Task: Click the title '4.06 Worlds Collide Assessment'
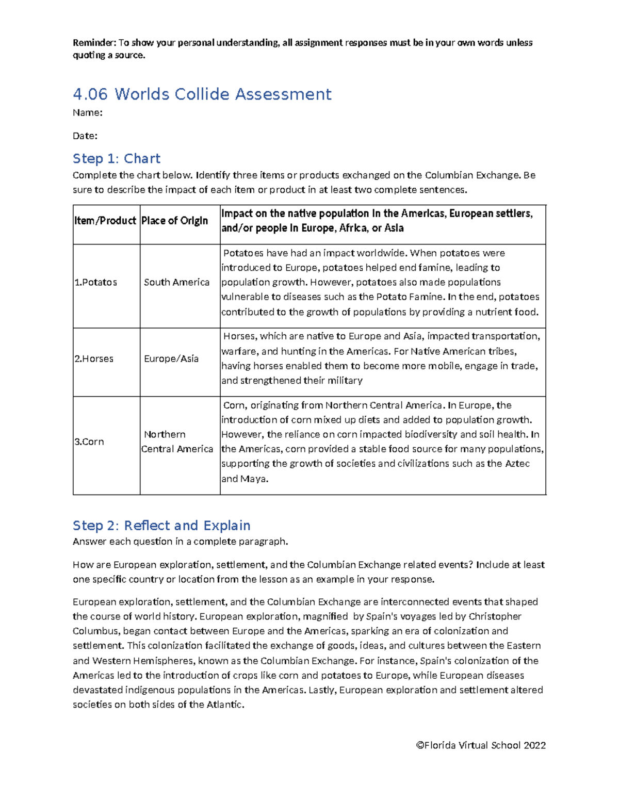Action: [x=202, y=94]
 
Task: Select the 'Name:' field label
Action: [x=87, y=113]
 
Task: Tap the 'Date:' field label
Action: [x=85, y=136]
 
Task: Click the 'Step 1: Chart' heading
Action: [x=117, y=158]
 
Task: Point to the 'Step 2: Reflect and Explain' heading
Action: [x=161, y=526]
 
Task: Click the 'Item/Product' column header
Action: [x=105, y=221]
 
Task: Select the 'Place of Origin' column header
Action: [x=175, y=221]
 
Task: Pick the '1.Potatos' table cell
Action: [x=96, y=282]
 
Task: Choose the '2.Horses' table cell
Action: [x=94, y=358]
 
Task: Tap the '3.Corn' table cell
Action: [x=89, y=442]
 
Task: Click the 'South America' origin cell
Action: [x=176, y=282]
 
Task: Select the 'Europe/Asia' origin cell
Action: [x=171, y=358]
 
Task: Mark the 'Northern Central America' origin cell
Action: [x=177, y=442]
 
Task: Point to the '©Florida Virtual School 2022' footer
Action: [x=481, y=745]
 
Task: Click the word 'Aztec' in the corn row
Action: [x=517, y=464]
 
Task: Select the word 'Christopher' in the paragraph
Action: [x=495, y=616]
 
